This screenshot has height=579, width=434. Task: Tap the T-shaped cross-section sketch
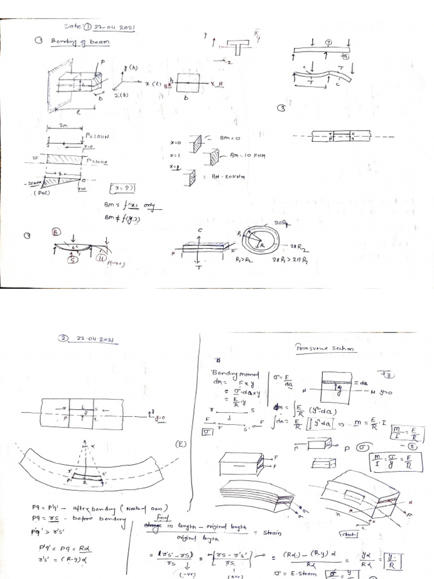(x=238, y=47)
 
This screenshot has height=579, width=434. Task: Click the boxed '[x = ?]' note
(x=122, y=187)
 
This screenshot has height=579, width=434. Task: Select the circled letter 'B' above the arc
(x=57, y=232)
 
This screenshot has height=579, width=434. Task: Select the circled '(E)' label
(x=181, y=444)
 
